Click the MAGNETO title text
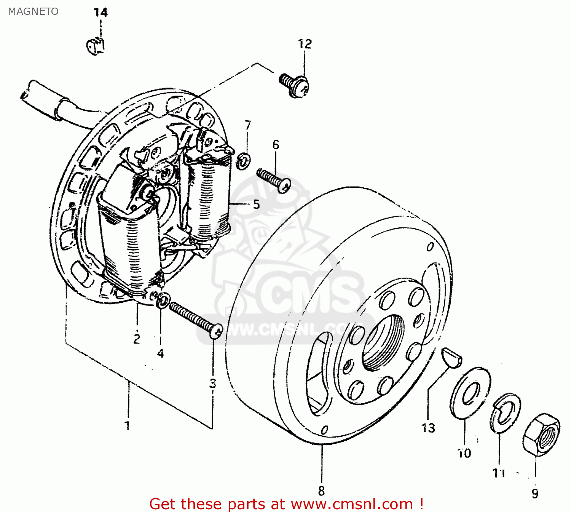(33, 11)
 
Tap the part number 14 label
(101, 13)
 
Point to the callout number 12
(305, 44)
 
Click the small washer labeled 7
(244, 161)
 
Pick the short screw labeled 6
(274, 180)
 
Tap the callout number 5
(256, 204)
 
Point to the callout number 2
(137, 339)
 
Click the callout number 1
(128, 425)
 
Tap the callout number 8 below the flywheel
(321, 491)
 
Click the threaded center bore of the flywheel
(383, 343)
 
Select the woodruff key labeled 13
(452, 357)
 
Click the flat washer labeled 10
(471, 393)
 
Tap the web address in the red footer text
(352, 504)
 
